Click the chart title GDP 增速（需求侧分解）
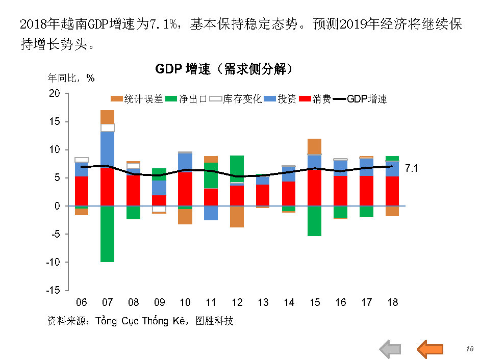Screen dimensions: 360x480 point(224,69)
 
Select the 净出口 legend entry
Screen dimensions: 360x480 point(187,99)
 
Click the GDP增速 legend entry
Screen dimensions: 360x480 point(360,99)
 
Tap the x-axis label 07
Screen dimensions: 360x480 point(107,302)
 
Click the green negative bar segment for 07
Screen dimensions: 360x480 point(107,234)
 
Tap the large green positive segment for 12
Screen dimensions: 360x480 point(237,168)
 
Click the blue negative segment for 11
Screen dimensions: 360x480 point(211,213)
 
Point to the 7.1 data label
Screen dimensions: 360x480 point(411,168)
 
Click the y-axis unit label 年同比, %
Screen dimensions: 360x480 point(71,78)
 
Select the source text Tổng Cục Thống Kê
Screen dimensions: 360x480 point(140,321)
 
